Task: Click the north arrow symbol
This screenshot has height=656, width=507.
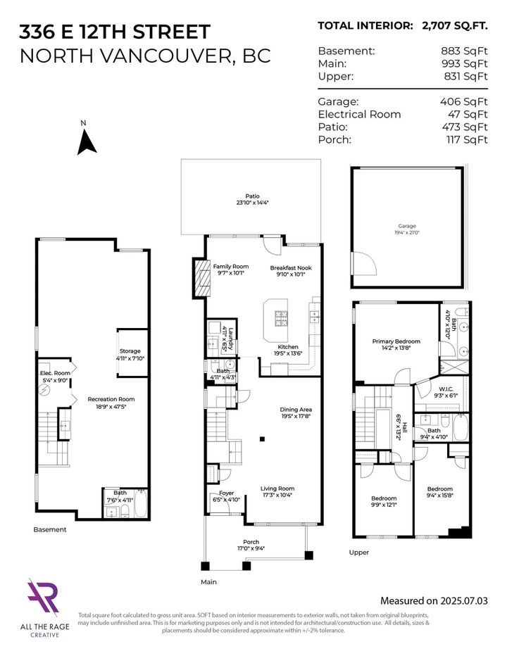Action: point(87,142)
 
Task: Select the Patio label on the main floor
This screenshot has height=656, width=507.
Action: point(252,196)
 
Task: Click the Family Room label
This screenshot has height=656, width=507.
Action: point(231,267)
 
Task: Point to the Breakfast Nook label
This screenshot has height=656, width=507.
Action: point(290,267)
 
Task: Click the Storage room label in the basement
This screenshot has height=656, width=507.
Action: point(130,351)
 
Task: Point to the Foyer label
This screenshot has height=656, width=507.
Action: point(226,493)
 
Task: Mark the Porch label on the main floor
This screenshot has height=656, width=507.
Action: point(251,542)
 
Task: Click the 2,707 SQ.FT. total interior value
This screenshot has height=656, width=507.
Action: point(453,26)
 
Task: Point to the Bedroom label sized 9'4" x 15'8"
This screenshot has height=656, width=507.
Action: point(439,488)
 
